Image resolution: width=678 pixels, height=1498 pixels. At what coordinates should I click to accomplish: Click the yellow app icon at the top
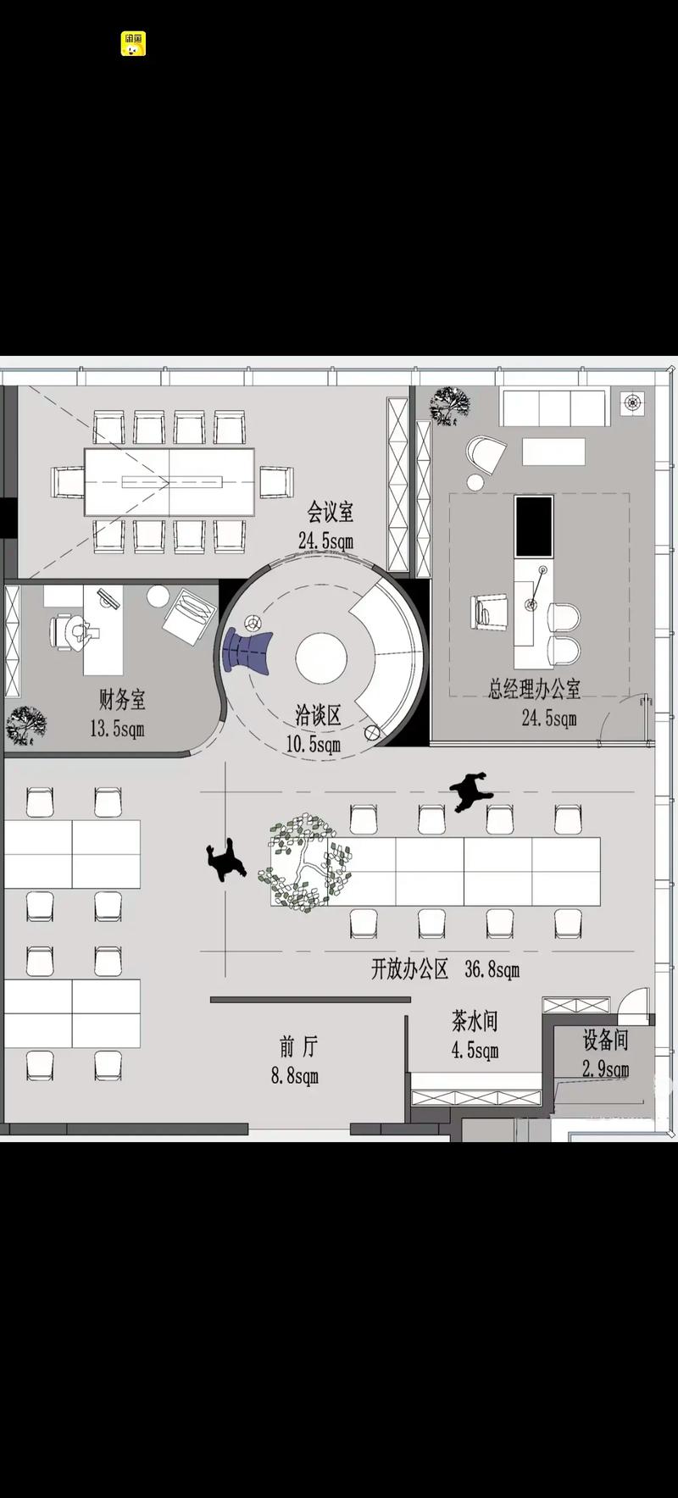click(x=133, y=44)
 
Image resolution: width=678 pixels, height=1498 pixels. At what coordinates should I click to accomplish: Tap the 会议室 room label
click(x=331, y=513)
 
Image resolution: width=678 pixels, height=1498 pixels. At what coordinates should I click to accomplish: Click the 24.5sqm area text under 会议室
click(x=325, y=541)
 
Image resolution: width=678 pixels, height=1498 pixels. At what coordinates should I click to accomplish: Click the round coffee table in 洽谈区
click(x=321, y=657)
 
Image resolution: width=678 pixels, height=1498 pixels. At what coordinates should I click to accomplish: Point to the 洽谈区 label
click(x=318, y=715)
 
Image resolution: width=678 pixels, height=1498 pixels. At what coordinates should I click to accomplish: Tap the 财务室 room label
click(x=122, y=700)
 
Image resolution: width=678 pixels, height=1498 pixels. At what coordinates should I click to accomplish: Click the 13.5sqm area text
click(x=117, y=728)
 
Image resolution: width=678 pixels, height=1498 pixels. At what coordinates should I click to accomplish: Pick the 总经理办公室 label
click(x=535, y=689)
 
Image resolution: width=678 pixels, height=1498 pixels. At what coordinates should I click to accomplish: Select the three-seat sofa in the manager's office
click(x=554, y=408)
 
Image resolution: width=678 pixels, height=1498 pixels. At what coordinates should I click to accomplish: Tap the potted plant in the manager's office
click(x=450, y=405)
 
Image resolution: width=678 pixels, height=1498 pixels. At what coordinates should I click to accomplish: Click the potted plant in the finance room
click(x=25, y=726)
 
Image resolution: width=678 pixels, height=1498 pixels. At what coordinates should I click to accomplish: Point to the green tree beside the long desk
click(x=305, y=863)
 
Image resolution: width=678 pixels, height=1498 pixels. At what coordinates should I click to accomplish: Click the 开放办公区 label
click(x=410, y=969)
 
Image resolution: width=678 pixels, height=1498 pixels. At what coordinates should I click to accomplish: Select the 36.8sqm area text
click(x=492, y=970)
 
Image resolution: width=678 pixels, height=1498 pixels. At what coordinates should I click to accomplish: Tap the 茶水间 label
click(x=475, y=1021)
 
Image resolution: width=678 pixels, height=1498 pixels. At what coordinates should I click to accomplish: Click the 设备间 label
click(x=605, y=1040)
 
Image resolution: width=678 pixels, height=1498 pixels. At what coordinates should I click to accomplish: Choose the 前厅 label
click(x=298, y=1047)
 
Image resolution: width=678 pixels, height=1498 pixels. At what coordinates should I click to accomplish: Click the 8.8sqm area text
click(x=295, y=1076)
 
